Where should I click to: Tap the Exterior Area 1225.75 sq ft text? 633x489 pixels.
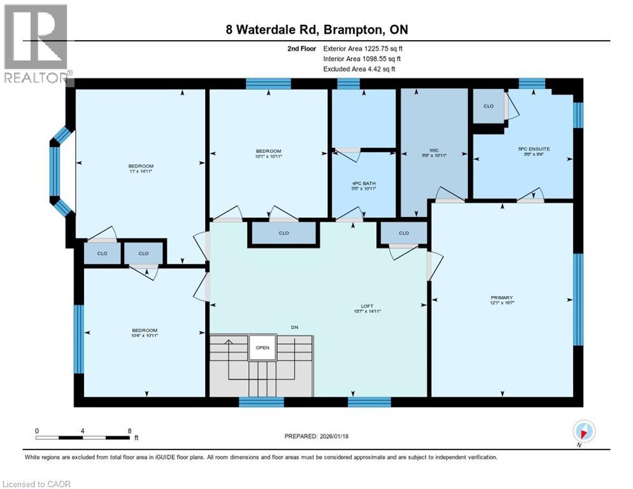point(363,48)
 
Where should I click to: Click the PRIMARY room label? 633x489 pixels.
point(502,297)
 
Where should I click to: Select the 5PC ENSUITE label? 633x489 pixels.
point(533,149)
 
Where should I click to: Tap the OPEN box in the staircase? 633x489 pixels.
point(262,348)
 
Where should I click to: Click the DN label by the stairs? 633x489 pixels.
point(294,327)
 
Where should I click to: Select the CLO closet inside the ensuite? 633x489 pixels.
point(488,106)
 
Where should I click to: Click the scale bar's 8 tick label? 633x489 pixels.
point(130,430)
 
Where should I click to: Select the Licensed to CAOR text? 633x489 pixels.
point(37,484)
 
